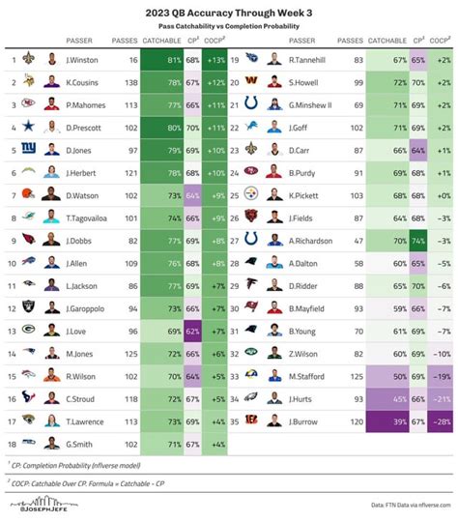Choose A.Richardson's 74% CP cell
click(x=417, y=240)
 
